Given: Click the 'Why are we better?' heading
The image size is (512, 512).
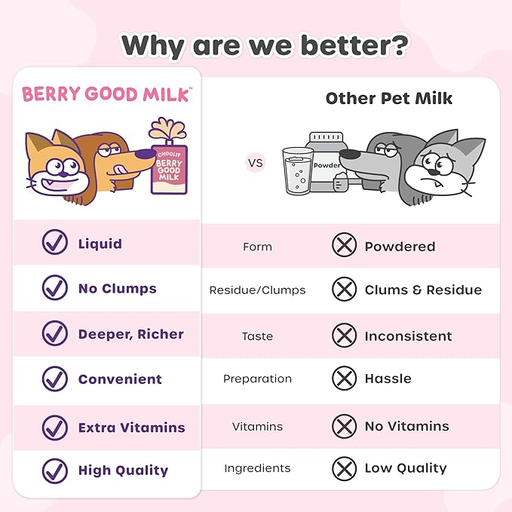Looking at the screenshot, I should (265, 45).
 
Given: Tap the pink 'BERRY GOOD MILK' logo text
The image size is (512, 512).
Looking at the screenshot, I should (106, 94).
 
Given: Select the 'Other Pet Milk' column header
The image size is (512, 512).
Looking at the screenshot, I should (389, 98).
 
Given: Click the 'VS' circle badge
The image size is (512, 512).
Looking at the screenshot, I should (256, 161).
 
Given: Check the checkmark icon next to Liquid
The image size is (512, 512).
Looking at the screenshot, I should (54, 244).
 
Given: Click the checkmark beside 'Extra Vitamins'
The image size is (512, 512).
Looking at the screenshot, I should (54, 428).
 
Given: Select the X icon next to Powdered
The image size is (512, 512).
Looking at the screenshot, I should (345, 247).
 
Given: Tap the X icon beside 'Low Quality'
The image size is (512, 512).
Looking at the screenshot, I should (345, 468).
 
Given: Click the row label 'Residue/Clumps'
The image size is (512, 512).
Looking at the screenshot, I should (257, 290).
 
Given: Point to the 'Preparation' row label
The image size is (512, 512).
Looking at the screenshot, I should (257, 379).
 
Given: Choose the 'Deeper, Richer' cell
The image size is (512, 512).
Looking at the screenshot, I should (130, 334).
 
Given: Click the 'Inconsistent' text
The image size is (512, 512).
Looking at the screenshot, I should (408, 336).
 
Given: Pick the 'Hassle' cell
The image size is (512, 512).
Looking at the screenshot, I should (388, 379).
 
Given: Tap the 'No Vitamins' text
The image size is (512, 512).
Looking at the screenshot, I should (406, 426).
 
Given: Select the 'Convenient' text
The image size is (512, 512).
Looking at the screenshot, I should (120, 379).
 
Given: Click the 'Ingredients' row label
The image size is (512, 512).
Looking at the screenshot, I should (257, 468).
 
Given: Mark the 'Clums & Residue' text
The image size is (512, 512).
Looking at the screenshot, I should (423, 290).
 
